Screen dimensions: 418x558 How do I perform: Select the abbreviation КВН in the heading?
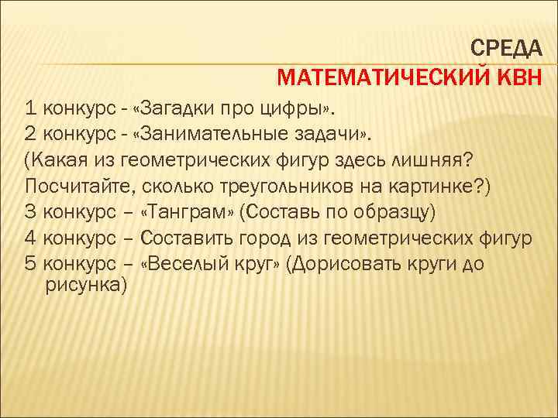coord(519,79)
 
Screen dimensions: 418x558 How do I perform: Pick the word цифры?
coord(306,107)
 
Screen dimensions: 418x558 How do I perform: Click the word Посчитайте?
coord(73,185)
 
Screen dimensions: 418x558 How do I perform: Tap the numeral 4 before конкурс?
coord(30,237)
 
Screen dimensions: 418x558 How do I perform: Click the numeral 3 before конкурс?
coord(30,211)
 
